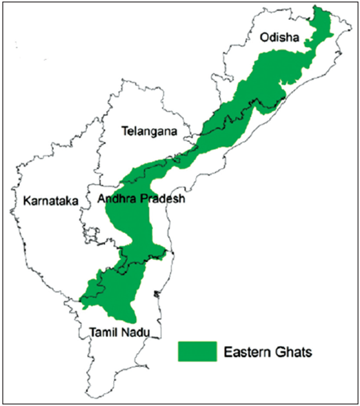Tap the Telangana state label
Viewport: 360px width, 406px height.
tap(149, 130)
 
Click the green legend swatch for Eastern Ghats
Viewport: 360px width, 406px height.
tap(197, 351)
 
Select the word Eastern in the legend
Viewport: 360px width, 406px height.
tap(246, 352)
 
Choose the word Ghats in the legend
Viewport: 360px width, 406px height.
tap(292, 352)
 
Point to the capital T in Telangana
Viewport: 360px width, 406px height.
tap(123, 130)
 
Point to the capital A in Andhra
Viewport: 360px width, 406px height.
tap(101, 200)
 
